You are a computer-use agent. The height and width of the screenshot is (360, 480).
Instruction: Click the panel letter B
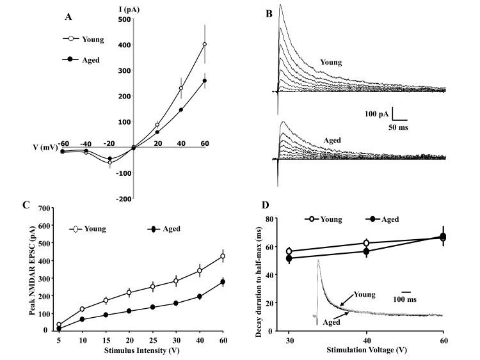(268, 12)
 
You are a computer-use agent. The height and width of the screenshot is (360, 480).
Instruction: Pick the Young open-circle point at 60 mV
(205, 44)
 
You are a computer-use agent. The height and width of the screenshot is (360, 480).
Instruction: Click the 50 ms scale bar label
(397, 127)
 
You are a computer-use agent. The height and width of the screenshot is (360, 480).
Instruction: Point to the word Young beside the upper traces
(331, 63)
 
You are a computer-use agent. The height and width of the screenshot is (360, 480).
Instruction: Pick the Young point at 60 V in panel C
(223, 256)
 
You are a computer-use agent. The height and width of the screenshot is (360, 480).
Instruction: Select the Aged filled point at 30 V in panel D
(289, 258)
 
